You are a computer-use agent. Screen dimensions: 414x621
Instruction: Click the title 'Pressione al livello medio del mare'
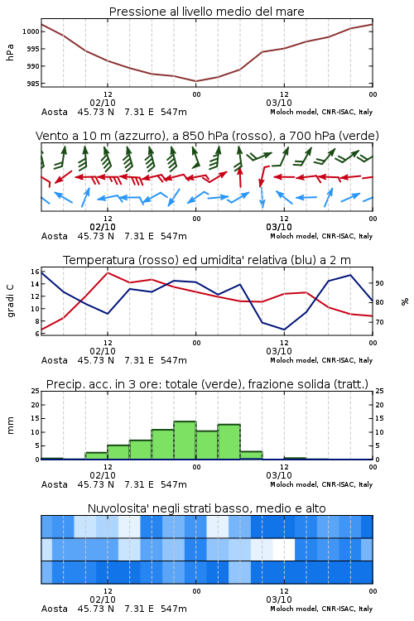[206, 12]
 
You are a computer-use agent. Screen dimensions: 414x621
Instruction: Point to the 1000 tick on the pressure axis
[31, 31]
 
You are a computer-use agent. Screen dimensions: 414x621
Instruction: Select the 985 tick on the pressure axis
[32, 84]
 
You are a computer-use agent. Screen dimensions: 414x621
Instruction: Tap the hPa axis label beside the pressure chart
[10, 52]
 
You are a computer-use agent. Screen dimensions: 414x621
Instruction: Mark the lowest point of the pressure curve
[195, 81]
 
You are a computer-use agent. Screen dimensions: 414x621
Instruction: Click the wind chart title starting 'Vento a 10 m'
[207, 136]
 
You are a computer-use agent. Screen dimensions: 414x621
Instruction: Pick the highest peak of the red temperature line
[108, 272]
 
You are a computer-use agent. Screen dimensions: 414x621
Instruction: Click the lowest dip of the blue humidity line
[284, 330]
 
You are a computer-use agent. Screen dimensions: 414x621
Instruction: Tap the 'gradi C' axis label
[10, 301]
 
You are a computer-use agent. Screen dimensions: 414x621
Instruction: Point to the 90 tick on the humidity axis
[379, 283]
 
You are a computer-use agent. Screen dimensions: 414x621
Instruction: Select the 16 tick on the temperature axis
[35, 272]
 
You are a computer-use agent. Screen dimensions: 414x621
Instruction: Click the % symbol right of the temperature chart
[405, 301]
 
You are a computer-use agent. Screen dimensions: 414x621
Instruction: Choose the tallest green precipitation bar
[185, 440]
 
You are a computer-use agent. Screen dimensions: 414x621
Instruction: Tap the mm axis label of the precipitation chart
[10, 426]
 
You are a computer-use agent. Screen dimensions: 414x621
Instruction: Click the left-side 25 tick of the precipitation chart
[35, 391]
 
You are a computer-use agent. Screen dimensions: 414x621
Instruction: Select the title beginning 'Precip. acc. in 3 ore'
[207, 384]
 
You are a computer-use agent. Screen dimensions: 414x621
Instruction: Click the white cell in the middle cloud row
[284, 549]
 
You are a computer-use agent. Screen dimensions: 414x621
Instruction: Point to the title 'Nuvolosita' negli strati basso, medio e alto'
[207, 508]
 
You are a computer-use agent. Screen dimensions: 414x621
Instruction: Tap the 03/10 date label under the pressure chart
[279, 103]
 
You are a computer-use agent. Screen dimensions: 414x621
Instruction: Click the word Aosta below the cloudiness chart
[55, 609]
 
